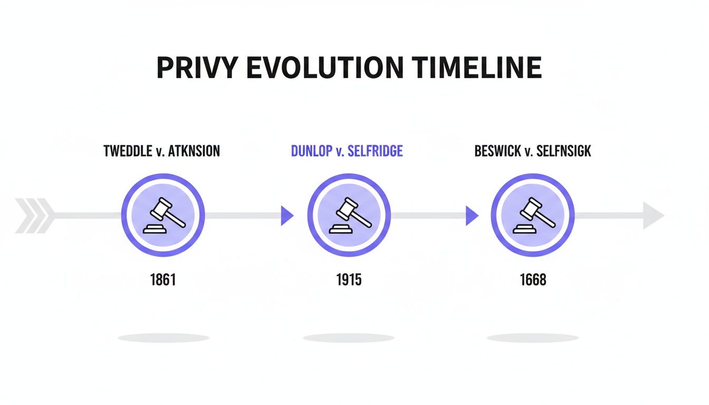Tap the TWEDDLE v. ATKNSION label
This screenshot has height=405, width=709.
tap(162, 152)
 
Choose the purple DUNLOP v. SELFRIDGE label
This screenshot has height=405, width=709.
tap(347, 152)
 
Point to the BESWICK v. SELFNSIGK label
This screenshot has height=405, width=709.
tap(533, 152)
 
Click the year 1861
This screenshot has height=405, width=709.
tap(162, 279)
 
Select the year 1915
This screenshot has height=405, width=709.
tap(349, 279)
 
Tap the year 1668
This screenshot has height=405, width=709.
tap(533, 279)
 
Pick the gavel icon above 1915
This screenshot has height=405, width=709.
tap(349, 215)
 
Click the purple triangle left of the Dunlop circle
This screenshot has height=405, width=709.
tap(286, 216)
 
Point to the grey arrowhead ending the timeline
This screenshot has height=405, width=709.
tap(653, 216)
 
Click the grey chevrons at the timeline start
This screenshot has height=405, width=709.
tap(35, 216)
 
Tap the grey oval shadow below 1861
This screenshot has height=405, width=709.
tap(163, 337)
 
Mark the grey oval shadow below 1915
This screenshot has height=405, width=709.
tap(349, 337)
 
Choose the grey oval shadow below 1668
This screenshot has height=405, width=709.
tap(533, 337)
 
